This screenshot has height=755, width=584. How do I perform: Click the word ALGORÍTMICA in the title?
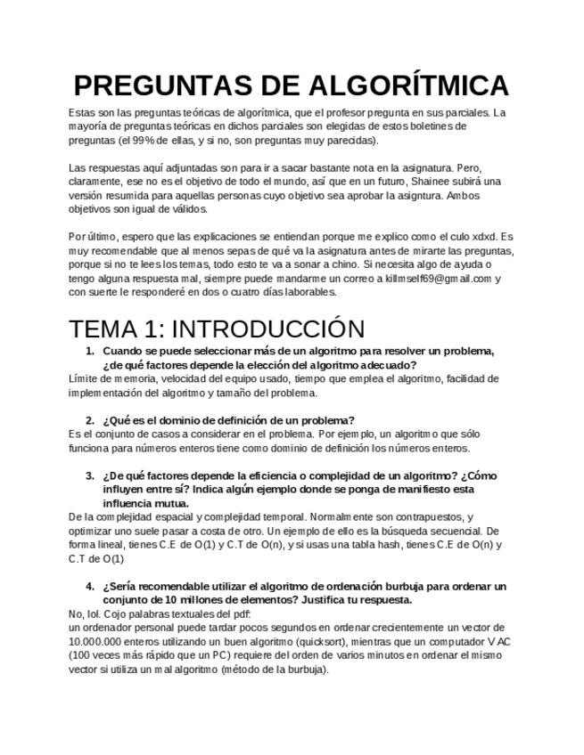(408, 85)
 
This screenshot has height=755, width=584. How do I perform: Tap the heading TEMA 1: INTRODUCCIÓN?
(217, 329)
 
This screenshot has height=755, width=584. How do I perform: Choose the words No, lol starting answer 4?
(85, 613)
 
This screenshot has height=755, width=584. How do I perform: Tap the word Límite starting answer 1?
(82, 378)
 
